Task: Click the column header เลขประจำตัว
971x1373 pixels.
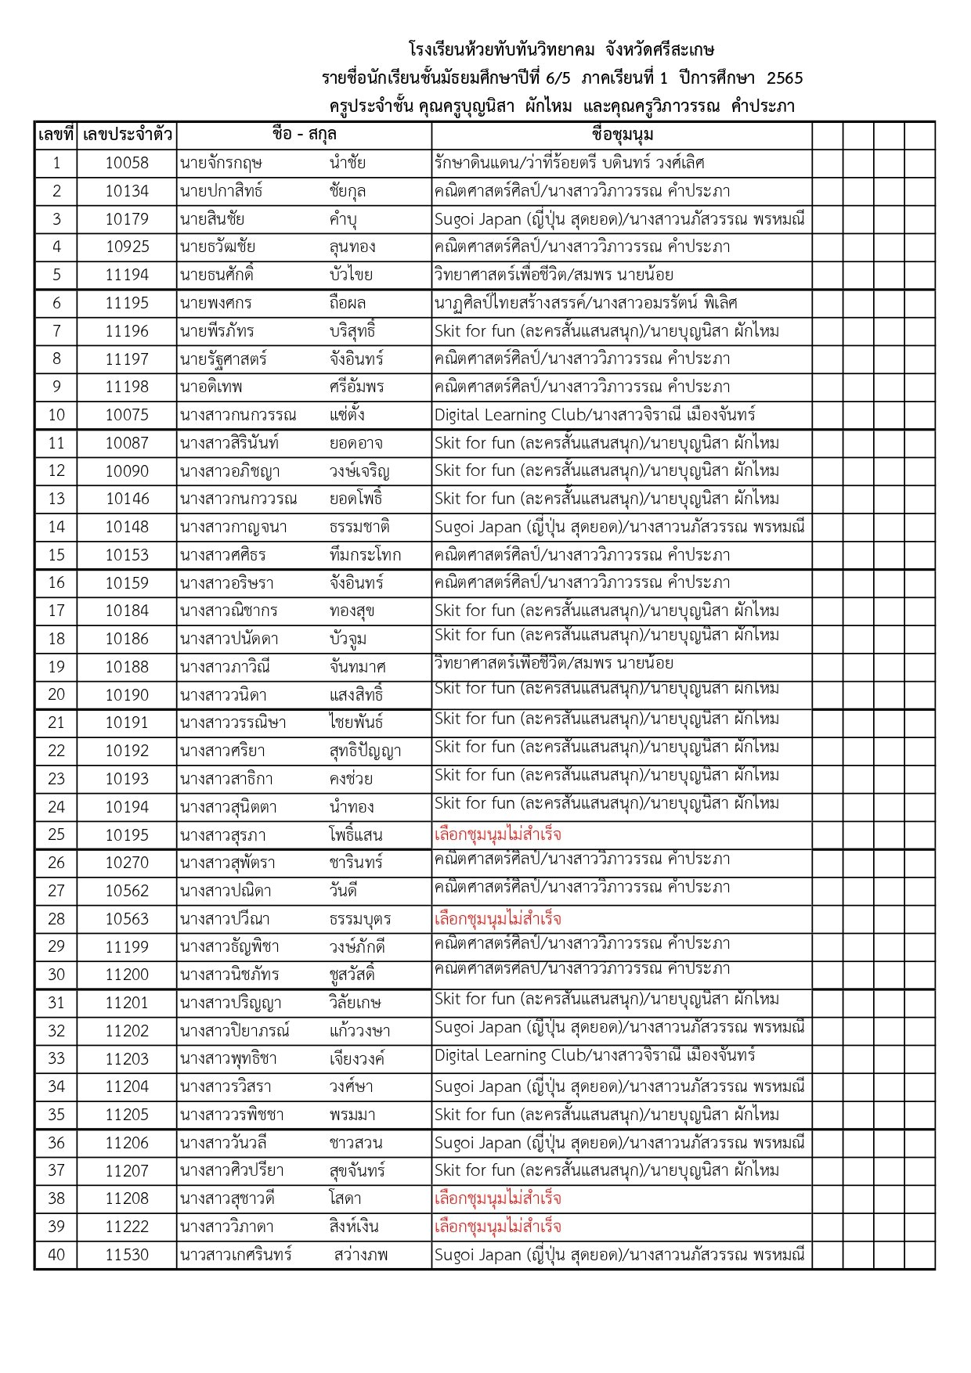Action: tap(127, 135)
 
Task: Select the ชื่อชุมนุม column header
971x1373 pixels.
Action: tap(623, 135)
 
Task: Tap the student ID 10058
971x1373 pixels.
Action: tap(127, 163)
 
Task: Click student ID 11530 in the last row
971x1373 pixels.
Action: tap(127, 1255)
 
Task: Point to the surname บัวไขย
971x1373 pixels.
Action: tap(351, 275)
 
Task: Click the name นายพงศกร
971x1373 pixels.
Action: tap(216, 303)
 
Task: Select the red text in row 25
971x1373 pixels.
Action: tap(498, 834)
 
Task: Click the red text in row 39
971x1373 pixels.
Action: tap(498, 1227)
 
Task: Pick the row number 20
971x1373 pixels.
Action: tap(56, 694)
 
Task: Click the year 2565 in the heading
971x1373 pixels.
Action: tap(785, 77)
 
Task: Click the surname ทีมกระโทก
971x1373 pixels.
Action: tap(365, 555)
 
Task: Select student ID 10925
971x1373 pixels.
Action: tap(127, 247)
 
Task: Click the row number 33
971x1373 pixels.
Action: tap(56, 1059)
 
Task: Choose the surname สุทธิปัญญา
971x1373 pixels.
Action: tap(365, 751)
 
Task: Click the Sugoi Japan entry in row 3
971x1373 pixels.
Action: tap(619, 219)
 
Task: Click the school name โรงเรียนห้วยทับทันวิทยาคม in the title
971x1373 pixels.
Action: tap(502, 50)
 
